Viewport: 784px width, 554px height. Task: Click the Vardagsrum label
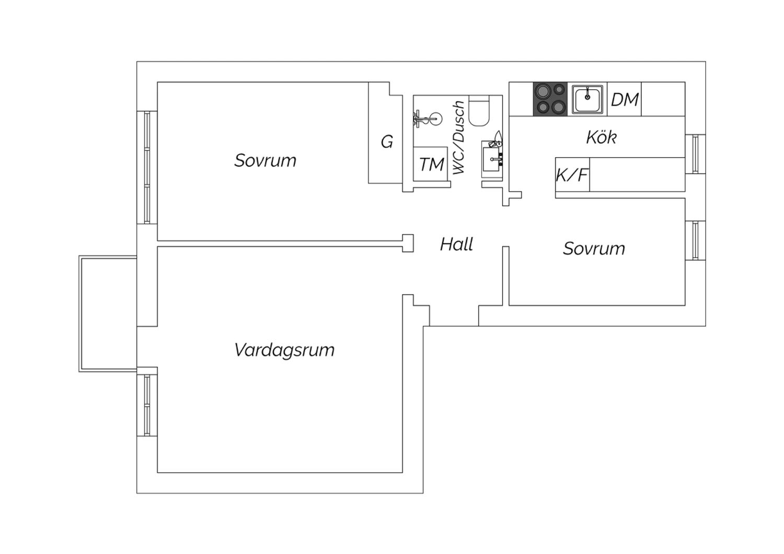click(284, 350)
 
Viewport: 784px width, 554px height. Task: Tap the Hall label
click(456, 244)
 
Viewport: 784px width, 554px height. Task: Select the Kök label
click(601, 137)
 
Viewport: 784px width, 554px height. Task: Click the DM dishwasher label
click(625, 100)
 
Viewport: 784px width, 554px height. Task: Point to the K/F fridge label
click(572, 175)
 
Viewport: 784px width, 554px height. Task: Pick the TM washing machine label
click(432, 165)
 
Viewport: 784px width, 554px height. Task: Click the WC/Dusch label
click(459, 137)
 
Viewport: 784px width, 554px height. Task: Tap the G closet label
click(387, 142)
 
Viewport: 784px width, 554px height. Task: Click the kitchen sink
click(587, 99)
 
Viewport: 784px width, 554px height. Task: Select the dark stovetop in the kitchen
click(550, 99)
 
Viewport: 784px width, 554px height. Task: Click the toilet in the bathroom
click(479, 111)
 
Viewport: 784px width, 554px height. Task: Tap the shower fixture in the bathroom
click(428, 119)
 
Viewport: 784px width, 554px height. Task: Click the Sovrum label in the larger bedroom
click(266, 160)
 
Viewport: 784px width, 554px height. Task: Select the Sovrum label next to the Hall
click(594, 249)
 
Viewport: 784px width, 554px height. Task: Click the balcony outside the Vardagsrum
click(108, 314)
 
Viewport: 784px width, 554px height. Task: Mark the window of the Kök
click(696, 154)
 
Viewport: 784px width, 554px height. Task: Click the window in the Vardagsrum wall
click(147, 406)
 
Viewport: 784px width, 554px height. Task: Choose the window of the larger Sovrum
click(147, 167)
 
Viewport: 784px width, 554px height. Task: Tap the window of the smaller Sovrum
click(696, 240)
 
